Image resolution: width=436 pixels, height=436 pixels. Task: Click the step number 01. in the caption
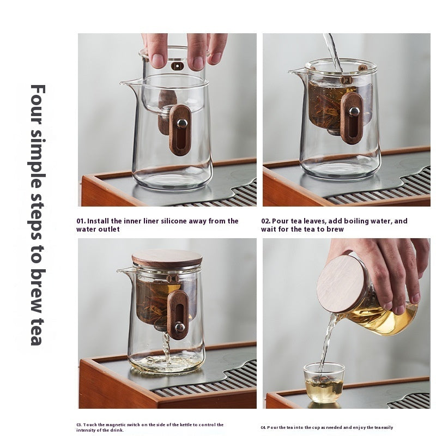[x=81, y=221]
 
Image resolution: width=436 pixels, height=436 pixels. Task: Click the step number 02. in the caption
[x=266, y=221]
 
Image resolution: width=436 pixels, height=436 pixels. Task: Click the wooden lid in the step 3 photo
[x=167, y=258]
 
